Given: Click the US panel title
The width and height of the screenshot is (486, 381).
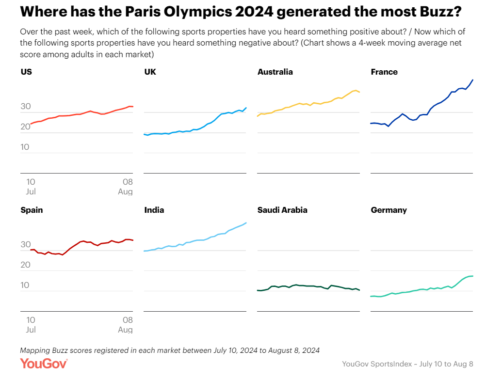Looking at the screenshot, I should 26,72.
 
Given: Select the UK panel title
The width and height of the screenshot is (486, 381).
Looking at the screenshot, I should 150,72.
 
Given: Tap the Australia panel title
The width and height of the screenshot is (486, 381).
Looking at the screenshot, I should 275,72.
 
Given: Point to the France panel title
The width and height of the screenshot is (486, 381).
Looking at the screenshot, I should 384,72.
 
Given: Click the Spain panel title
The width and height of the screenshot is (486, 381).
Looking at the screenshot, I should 32,210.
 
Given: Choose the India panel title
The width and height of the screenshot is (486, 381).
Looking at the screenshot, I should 154,210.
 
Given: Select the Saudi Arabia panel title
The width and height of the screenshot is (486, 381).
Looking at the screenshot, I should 282,210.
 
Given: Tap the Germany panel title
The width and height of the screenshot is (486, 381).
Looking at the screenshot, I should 389,210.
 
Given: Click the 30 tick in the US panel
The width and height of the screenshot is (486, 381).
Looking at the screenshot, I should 25,107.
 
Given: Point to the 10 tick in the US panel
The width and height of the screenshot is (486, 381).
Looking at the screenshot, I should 25,147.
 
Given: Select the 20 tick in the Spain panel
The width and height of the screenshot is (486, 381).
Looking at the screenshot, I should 25,265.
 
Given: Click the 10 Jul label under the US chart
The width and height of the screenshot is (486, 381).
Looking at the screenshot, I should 31,187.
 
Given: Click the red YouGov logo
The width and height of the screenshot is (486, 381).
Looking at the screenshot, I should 44,364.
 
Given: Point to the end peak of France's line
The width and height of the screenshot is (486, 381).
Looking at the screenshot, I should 473,80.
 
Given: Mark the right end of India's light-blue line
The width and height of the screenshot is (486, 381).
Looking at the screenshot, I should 246,223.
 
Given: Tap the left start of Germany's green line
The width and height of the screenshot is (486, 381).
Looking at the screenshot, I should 371,296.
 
